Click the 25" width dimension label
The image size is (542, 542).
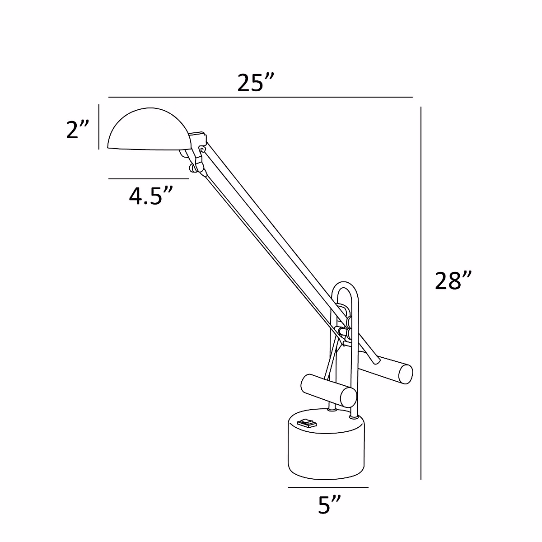click(256, 83)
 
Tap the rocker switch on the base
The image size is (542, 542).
click(307, 423)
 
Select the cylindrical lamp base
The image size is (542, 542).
click(325, 447)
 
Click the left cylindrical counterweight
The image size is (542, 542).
click(328, 390)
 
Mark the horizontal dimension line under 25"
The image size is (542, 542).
click(261, 97)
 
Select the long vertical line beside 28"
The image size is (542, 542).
click(421, 294)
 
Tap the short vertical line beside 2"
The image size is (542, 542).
click(98, 126)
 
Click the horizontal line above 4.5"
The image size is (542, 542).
click(149, 179)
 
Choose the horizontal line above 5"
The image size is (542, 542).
click(328, 487)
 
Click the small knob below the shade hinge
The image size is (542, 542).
click(194, 168)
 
